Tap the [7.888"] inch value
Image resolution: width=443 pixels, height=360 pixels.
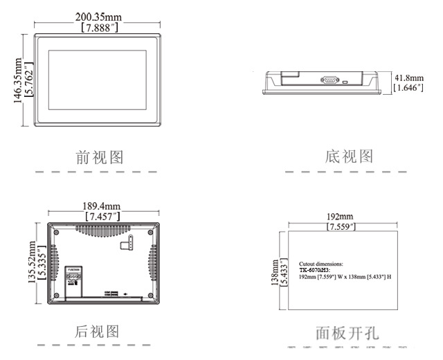pos(102,28)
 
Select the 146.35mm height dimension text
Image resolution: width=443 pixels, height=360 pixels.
pos(17,80)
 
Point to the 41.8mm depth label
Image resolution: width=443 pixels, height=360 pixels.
pos(408,78)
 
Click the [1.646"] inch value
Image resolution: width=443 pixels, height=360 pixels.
pos(408,88)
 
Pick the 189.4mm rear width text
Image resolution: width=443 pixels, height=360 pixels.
pos(102,206)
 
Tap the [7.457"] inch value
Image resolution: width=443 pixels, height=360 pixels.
pos(102,217)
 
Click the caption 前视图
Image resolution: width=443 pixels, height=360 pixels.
pos(100,157)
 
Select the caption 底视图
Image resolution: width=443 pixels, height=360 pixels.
pos(349,156)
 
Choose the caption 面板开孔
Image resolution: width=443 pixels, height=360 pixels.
pos(347,333)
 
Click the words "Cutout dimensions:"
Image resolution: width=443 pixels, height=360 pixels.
pos(320,264)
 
